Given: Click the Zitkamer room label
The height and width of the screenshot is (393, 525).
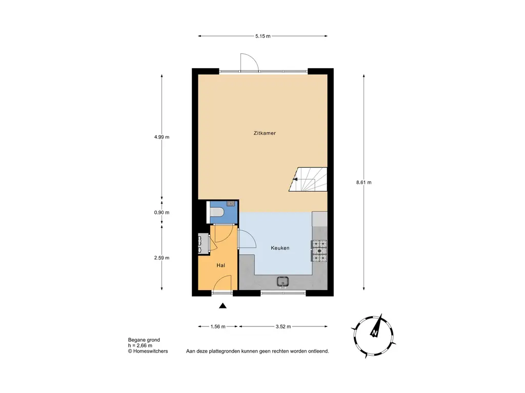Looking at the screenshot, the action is (265, 133).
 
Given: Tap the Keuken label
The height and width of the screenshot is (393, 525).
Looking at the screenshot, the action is (280, 248).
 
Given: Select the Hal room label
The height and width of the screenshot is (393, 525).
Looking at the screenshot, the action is (220, 266).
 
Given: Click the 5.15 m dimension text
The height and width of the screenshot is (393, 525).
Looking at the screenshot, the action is (263, 36).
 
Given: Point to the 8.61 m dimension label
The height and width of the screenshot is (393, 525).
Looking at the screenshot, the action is (364, 183).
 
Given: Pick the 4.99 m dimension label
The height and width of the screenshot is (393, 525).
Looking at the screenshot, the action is (161, 137).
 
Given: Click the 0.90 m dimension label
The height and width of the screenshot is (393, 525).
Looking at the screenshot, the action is (161, 212).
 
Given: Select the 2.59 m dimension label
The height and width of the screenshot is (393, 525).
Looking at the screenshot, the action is (161, 258).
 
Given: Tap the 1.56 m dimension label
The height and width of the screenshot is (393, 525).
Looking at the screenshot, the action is (218, 326).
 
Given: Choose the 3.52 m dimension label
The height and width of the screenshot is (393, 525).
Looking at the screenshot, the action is (283, 326).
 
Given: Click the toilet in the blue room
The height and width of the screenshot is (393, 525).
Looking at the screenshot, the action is (216, 212).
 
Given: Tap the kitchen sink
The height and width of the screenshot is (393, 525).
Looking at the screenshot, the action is (283, 281).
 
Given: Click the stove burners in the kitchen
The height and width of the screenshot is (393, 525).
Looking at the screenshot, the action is (319, 251).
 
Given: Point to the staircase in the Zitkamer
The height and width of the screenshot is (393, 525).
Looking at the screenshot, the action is (308, 180).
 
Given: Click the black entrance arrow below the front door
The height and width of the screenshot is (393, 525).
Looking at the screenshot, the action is (223, 305).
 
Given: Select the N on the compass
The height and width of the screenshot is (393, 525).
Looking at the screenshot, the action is (374, 333).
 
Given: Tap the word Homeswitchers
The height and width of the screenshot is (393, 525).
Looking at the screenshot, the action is (151, 351).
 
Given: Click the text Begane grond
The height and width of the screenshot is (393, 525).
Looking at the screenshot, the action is (144, 340).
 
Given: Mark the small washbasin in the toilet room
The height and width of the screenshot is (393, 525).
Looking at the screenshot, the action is (231, 203).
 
